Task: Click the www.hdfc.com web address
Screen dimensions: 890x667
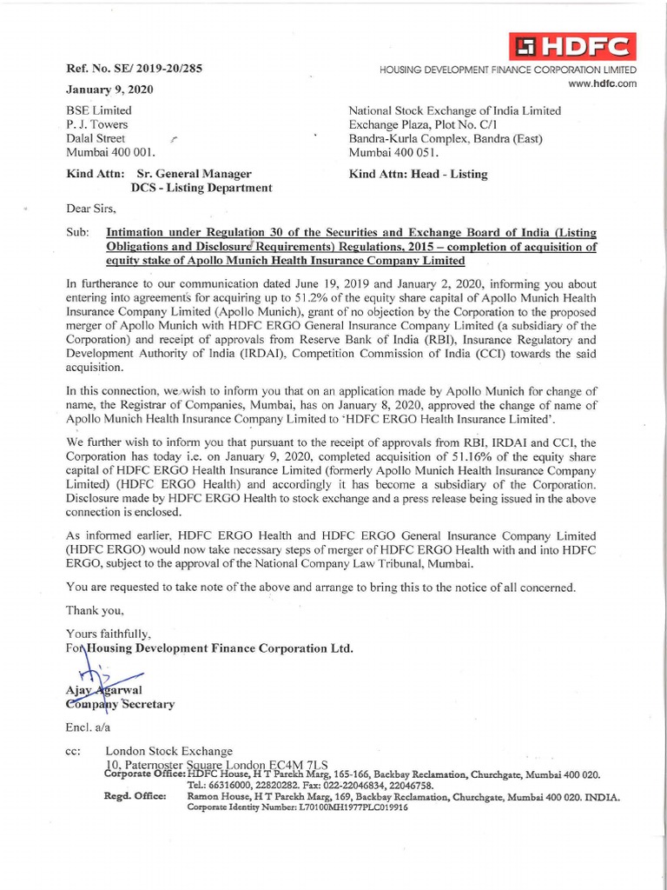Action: tap(602, 83)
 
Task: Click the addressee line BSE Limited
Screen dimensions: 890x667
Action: tap(99, 110)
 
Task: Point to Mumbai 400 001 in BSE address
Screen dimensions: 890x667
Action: tap(110, 152)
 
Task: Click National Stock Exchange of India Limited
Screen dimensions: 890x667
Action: tap(454, 110)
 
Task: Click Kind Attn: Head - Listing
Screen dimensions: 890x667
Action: tap(418, 174)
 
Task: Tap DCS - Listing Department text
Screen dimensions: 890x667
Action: tap(201, 187)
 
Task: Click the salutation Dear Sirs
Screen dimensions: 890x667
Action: tap(91, 209)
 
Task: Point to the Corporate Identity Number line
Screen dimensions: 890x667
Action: tap(297, 807)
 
